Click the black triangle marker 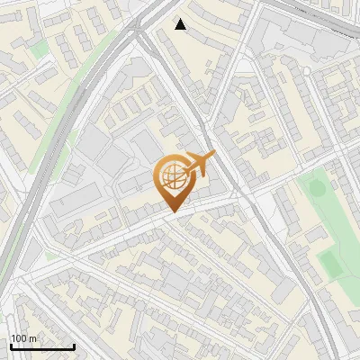point(181,24)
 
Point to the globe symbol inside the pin point(171,176)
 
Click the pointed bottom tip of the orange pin point(172,213)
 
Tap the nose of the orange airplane point(214,156)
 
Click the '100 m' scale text point(24,338)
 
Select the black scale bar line point(42,346)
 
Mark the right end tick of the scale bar point(74,345)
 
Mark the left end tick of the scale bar point(11,345)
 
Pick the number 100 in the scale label point(20,338)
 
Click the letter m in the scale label point(33,338)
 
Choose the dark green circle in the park point(315,190)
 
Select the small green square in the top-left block point(37,49)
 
